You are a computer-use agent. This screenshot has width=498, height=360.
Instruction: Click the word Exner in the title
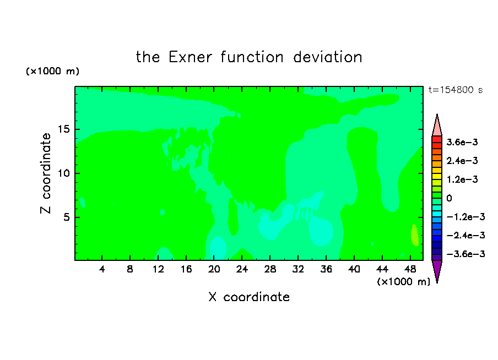tap(190, 57)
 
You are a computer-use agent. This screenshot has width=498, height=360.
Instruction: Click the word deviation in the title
tap(327, 57)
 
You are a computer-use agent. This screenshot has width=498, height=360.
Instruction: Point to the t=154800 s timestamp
tap(456, 90)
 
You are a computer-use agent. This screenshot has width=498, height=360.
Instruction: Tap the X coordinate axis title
tap(249, 297)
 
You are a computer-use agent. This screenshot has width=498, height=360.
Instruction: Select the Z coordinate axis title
tap(46, 173)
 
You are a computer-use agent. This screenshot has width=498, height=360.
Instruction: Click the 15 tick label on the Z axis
tap(63, 129)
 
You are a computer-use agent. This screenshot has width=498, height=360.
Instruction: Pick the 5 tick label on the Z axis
tap(66, 217)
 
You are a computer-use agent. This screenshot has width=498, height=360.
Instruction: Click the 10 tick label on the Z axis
tap(63, 173)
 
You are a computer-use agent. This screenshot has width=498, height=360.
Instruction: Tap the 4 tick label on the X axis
tap(102, 269)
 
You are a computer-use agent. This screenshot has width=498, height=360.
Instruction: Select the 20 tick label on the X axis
tap(214, 269)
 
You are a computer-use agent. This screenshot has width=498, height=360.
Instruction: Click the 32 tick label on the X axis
tap(298, 269)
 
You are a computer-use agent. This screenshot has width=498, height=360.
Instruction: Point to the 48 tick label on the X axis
tap(410, 269)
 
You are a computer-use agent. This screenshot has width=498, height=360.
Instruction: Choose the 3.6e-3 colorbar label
tap(462, 142)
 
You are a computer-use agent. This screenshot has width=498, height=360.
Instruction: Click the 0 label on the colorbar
tap(449, 198)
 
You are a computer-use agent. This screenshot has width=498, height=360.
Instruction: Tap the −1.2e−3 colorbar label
tap(465, 217)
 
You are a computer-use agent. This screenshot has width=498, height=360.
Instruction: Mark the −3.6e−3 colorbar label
tap(465, 254)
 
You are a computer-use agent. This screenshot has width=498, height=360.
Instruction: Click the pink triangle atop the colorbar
tap(437, 127)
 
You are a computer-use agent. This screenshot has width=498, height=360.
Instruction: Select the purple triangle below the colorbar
tap(437, 270)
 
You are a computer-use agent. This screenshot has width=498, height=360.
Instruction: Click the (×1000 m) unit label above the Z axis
tap(52, 71)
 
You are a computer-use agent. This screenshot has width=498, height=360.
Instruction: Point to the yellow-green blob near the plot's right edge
tap(414, 235)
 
